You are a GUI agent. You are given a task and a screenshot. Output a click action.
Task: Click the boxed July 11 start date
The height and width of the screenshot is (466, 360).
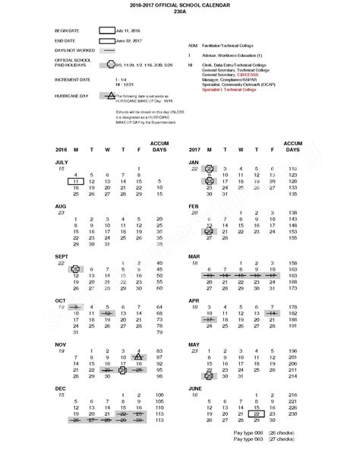coord(75,182)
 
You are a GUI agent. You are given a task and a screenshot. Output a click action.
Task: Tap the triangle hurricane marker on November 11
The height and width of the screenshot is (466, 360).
coord(137,355)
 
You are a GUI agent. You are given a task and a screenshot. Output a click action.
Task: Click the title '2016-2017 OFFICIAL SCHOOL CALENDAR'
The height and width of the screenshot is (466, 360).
coord(180,5)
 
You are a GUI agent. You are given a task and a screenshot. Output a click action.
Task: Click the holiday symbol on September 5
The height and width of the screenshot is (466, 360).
coord(75,269)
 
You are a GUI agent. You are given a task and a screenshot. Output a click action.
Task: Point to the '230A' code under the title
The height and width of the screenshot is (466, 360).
coord(180,13)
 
